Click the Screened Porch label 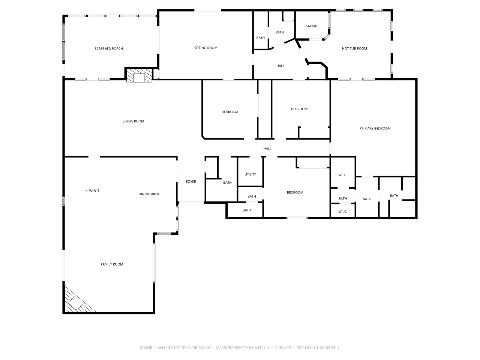coord(109,49)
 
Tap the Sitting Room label coord(205,48)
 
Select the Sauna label coord(311,26)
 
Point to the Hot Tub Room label coord(354,49)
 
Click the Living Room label coord(133,121)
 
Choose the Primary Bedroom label coord(375,129)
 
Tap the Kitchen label coord(92,190)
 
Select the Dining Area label coord(149,194)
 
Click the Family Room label coord(112,264)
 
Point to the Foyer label coord(191,182)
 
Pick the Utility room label coord(250,174)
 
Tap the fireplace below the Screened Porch coord(139,76)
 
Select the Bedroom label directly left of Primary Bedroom coord(299,109)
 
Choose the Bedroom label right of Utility coord(295,193)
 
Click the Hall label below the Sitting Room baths coord(280,66)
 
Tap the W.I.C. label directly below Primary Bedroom coord(343,175)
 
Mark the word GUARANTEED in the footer coord(326,348)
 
